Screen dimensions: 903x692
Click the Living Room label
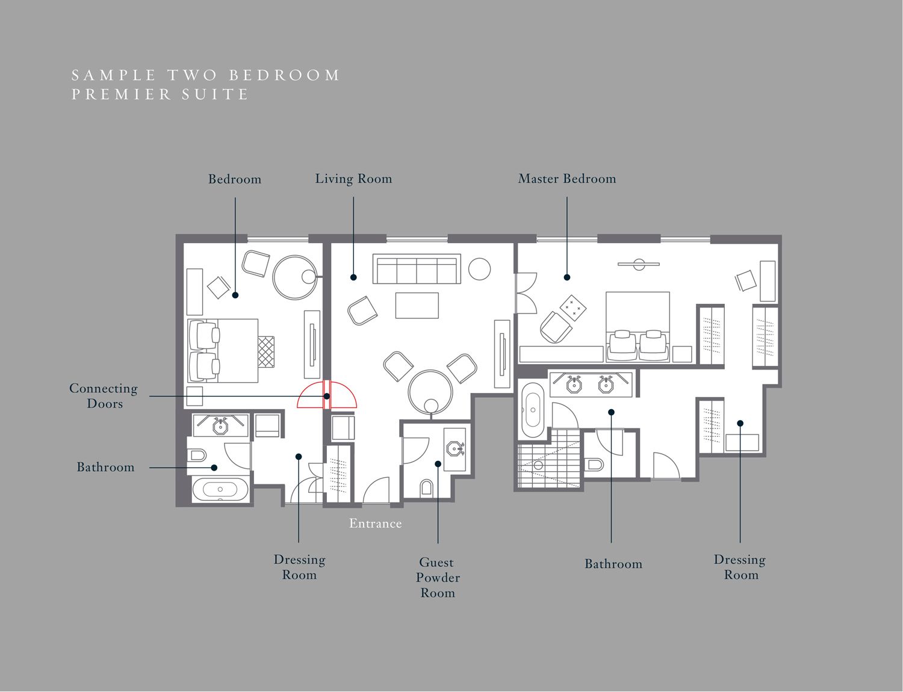[x=353, y=179]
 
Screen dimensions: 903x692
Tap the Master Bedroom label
[x=567, y=179]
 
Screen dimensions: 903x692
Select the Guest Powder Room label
[x=438, y=577]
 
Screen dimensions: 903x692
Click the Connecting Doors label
[x=104, y=396]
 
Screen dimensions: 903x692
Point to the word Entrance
[x=375, y=524]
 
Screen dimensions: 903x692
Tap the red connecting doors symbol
[x=327, y=394]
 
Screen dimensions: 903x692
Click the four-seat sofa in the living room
[x=417, y=269]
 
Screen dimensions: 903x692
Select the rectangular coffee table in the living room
[x=417, y=305]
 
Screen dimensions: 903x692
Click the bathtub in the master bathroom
[x=532, y=410]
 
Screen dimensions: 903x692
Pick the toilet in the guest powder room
[x=426, y=487]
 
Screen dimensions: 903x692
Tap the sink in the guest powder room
[x=455, y=449]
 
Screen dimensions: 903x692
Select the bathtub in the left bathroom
[x=220, y=490]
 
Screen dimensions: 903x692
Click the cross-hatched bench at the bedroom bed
[x=266, y=351]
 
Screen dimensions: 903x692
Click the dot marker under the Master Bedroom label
[x=567, y=277]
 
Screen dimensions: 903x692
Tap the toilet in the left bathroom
[x=197, y=456]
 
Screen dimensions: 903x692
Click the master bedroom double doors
[x=526, y=293]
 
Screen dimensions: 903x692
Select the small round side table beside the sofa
[x=479, y=269]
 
